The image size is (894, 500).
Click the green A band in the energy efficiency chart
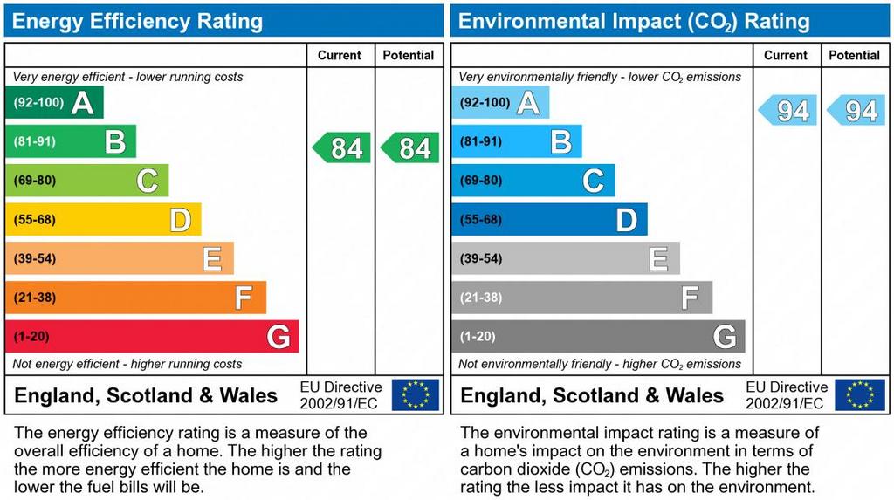(54, 103)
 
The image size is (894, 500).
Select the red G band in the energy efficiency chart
(152, 337)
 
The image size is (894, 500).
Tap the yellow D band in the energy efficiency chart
(103, 220)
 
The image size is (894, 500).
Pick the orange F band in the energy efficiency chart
(135, 298)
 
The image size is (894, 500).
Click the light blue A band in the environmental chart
(500, 103)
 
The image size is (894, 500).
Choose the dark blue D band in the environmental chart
(549, 220)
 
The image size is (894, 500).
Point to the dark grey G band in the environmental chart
(598, 337)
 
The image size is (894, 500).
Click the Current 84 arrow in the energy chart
(341, 148)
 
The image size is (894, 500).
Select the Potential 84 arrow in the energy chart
(410, 148)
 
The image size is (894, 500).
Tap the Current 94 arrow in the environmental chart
(787, 111)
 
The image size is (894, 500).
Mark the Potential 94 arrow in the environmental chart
(856, 111)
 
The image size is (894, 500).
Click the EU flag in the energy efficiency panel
(415, 394)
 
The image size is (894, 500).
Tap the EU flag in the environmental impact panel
(860, 394)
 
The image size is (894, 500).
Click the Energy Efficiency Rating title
(137, 21)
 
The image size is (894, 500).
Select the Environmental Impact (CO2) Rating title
(634, 21)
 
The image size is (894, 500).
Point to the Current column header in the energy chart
(340, 55)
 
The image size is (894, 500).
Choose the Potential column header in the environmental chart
(854, 55)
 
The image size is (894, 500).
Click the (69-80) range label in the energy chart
(35, 181)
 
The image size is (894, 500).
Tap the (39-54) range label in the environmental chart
(481, 259)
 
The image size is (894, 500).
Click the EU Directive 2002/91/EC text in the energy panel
(340, 395)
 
